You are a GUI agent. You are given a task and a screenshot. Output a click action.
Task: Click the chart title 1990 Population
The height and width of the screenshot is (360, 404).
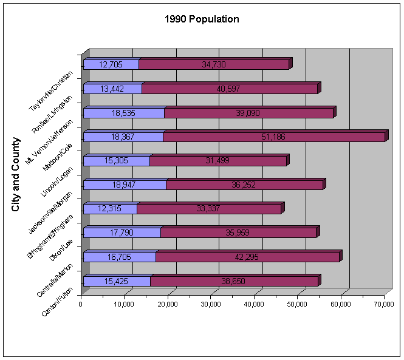point(202,19)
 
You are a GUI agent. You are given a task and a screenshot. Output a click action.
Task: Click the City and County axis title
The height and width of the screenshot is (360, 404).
point(16,174)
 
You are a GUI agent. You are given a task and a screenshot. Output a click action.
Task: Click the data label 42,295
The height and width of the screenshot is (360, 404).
point(247,257)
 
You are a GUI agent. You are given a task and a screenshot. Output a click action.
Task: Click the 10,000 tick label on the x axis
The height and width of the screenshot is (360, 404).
point(125,305)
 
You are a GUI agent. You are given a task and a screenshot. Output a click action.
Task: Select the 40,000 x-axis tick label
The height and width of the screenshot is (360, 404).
point(254,305)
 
